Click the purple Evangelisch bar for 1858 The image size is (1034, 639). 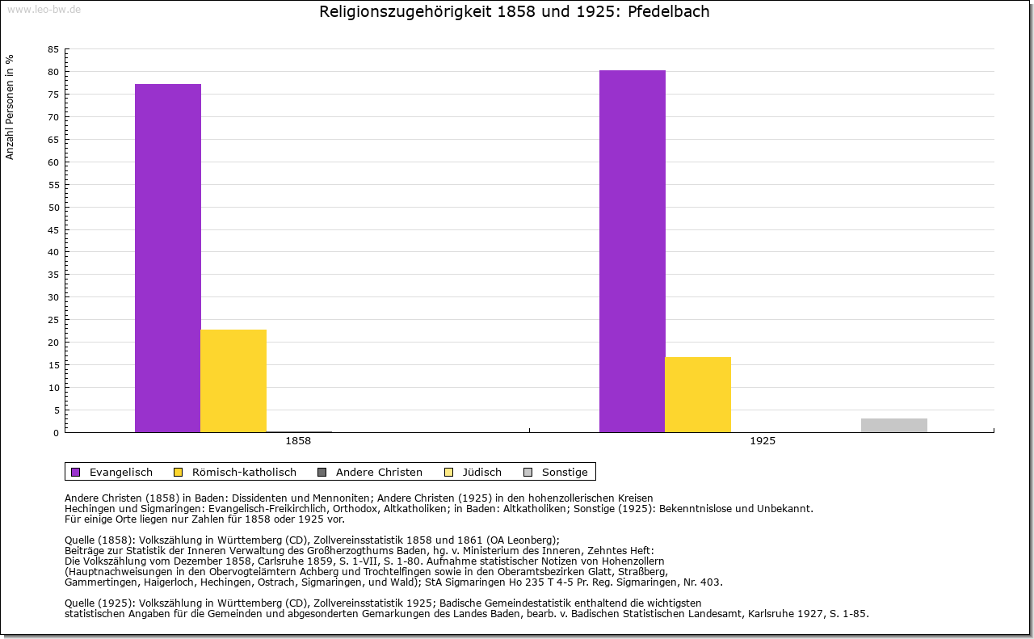coord(168,259)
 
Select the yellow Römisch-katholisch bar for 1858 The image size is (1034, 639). coord(233,380)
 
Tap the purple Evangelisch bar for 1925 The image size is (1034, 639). coord(633,251)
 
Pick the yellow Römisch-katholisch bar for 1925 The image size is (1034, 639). coord(698,394)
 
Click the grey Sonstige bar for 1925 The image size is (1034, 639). coord(894,425)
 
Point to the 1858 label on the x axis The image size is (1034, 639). coord(298,442)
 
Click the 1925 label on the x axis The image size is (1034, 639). coord(763,442)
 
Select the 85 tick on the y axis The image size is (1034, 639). coord(53,49)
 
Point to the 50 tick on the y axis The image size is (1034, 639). coord(53,207)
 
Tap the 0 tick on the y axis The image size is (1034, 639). coord(56,433)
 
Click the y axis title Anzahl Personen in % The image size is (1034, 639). coord(10,107)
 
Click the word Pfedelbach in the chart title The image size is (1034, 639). coord(669,12)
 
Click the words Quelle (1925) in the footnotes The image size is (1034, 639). coord(99,603)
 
